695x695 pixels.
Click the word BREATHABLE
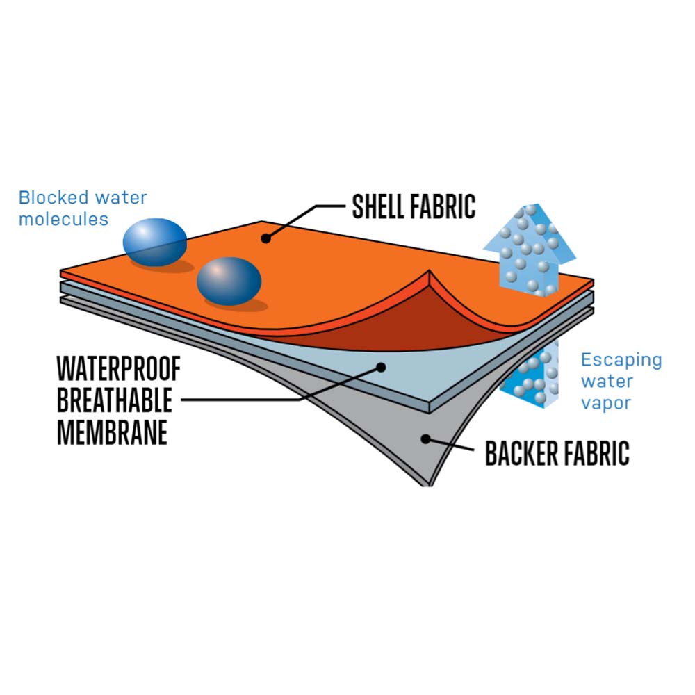click(114, 401)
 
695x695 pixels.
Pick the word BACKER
click(518, 453)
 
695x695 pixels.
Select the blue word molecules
click(64, 219)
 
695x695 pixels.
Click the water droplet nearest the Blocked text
click(155, 240)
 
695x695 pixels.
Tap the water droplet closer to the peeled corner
click(229, 281)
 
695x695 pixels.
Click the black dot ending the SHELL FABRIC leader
click(265, 238)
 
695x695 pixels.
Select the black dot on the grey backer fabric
click(425, 438)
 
